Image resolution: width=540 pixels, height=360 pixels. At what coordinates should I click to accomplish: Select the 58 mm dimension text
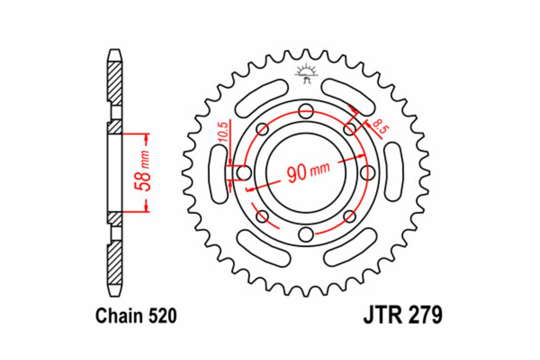click(145, 173)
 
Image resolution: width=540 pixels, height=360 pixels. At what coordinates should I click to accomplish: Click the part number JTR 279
click(402, 315)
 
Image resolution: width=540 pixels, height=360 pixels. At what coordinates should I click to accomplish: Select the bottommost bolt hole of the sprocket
click(306, 234)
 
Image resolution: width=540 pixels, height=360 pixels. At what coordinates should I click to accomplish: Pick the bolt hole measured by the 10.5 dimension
click(244, 172)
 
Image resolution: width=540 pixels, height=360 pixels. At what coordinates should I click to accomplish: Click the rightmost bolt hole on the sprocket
click(369, 172)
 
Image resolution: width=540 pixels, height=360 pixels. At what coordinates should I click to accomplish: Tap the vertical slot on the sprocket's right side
click(393, 172)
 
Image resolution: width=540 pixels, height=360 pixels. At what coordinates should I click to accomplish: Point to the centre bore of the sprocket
click(306, 172)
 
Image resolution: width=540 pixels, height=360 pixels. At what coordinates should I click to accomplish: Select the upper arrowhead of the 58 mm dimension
click(146, 137)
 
